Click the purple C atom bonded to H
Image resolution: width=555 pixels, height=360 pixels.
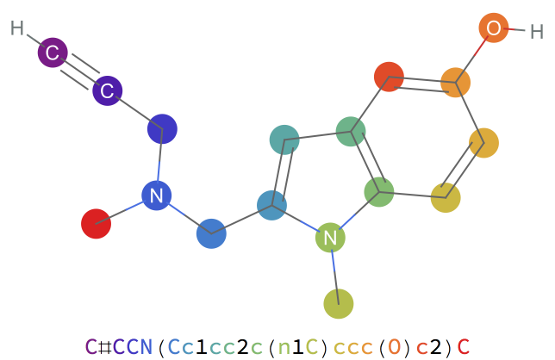point(53,53)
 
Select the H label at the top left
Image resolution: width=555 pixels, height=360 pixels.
point(17,28)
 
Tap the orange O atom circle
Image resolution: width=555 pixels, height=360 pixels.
point(494,28)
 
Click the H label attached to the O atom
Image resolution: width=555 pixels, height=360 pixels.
point(536,33)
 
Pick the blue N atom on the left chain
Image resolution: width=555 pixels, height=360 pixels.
point(156,196)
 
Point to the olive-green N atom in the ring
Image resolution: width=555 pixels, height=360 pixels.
point(330,237)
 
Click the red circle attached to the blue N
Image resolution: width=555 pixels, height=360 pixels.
point(96,224)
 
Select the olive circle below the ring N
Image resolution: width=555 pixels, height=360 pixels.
point(339,303)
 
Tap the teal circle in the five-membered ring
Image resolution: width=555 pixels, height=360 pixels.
point(284,139)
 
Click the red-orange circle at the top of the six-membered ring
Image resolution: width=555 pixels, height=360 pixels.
point(389,77)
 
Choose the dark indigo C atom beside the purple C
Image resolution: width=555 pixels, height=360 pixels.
point(108,90)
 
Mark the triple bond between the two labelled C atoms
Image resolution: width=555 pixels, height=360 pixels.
point(80,71)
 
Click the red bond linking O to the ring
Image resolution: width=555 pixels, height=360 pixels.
point(475,55)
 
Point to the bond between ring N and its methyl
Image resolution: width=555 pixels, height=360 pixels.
point(334,270)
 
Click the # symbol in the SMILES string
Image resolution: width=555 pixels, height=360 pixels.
point(104,347)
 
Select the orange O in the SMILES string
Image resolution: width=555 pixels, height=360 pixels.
point(394,347)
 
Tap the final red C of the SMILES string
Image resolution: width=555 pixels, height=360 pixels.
point(464,347)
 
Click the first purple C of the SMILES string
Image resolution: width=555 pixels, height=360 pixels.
point(90,347)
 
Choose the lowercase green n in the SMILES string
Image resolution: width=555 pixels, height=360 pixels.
point(284,347)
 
